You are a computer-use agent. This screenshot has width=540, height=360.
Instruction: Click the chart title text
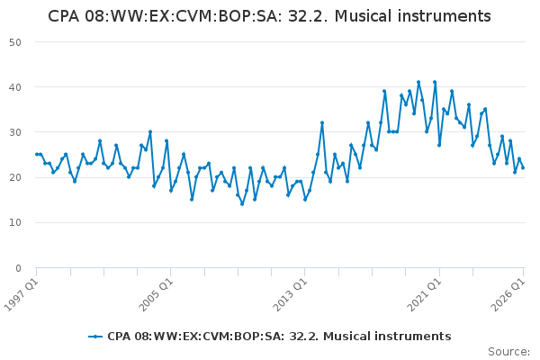click(x=269, y=16)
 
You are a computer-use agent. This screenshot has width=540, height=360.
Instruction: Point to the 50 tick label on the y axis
click(x=15, y=42)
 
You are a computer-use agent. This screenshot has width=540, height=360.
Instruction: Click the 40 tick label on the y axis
click(x=15, y=87)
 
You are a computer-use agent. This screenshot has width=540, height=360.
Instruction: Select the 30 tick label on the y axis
click(x=15, y=132)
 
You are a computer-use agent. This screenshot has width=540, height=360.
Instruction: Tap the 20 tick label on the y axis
click(x=15, y=178)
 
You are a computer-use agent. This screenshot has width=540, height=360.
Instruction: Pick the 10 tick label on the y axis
click(x=15, y=223)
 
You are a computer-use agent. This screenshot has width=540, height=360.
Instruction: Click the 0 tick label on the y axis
click(x=18, y=268)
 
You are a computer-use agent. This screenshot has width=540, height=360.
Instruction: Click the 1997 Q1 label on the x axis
click(x=22, y=294)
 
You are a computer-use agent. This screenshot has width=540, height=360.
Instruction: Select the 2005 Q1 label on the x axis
click(x=156, y=294)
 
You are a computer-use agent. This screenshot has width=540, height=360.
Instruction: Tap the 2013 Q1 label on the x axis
click(x=290, y=294)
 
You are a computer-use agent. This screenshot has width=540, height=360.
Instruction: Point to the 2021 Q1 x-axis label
click(x=424, y=294)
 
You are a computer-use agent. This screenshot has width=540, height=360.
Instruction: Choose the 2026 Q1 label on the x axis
click(x=508, y=294)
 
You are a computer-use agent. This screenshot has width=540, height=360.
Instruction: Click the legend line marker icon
click(x=95, y=337)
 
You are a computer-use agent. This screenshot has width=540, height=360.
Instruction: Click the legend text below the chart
click(x=279, y=337)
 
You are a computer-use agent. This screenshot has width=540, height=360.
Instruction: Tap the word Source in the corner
click(x=508, y=352)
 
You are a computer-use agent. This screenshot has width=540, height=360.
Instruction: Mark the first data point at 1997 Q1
click(x=37, y=154)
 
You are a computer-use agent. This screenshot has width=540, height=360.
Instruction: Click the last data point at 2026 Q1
click(x=523, y=167)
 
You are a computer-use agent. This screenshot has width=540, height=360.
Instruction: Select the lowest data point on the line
click(x=242, y=204)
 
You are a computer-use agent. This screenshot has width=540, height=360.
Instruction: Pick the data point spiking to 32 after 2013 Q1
click(x=322, y=122)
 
